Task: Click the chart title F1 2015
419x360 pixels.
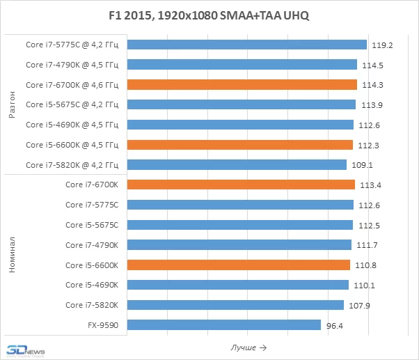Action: (209, 15)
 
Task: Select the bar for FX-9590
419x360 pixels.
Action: (224, 325)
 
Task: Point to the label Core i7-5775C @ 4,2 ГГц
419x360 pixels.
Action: (72, 45)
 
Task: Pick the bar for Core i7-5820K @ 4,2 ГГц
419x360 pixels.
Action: (237, 165)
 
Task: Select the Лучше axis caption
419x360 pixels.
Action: (248, 347)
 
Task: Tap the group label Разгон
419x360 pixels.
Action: (12, 105)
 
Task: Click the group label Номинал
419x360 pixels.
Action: (12, 255)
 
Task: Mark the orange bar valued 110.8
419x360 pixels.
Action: (239, 265)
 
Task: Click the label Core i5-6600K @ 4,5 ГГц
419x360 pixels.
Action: (72, 145)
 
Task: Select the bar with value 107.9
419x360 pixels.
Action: (236, 305)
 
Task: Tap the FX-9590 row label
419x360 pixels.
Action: (102, 325)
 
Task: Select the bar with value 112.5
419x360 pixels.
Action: (240, 225)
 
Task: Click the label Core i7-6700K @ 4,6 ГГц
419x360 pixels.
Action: (72, 85)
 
